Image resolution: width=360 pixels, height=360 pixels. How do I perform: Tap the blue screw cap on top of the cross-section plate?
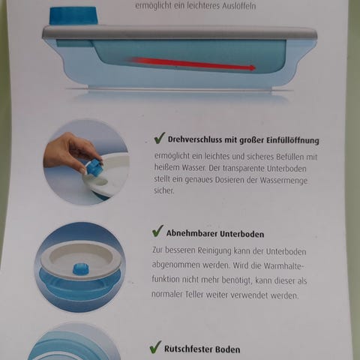(73, 16)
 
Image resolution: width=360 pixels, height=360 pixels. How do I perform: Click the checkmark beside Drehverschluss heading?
(159, 138)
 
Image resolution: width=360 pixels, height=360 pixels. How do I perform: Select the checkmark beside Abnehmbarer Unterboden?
(157, 231)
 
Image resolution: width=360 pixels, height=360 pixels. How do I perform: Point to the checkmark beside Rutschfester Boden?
(155, 347)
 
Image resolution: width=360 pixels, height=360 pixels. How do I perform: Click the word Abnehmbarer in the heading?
(192, 233)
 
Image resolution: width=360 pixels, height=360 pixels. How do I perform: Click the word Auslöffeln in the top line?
(239, 5)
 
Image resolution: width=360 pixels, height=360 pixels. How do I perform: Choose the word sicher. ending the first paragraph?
(164, 190)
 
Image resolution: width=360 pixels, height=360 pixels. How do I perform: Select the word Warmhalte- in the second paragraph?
(284, 265)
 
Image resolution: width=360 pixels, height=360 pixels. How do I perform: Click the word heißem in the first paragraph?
(166, 167)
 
